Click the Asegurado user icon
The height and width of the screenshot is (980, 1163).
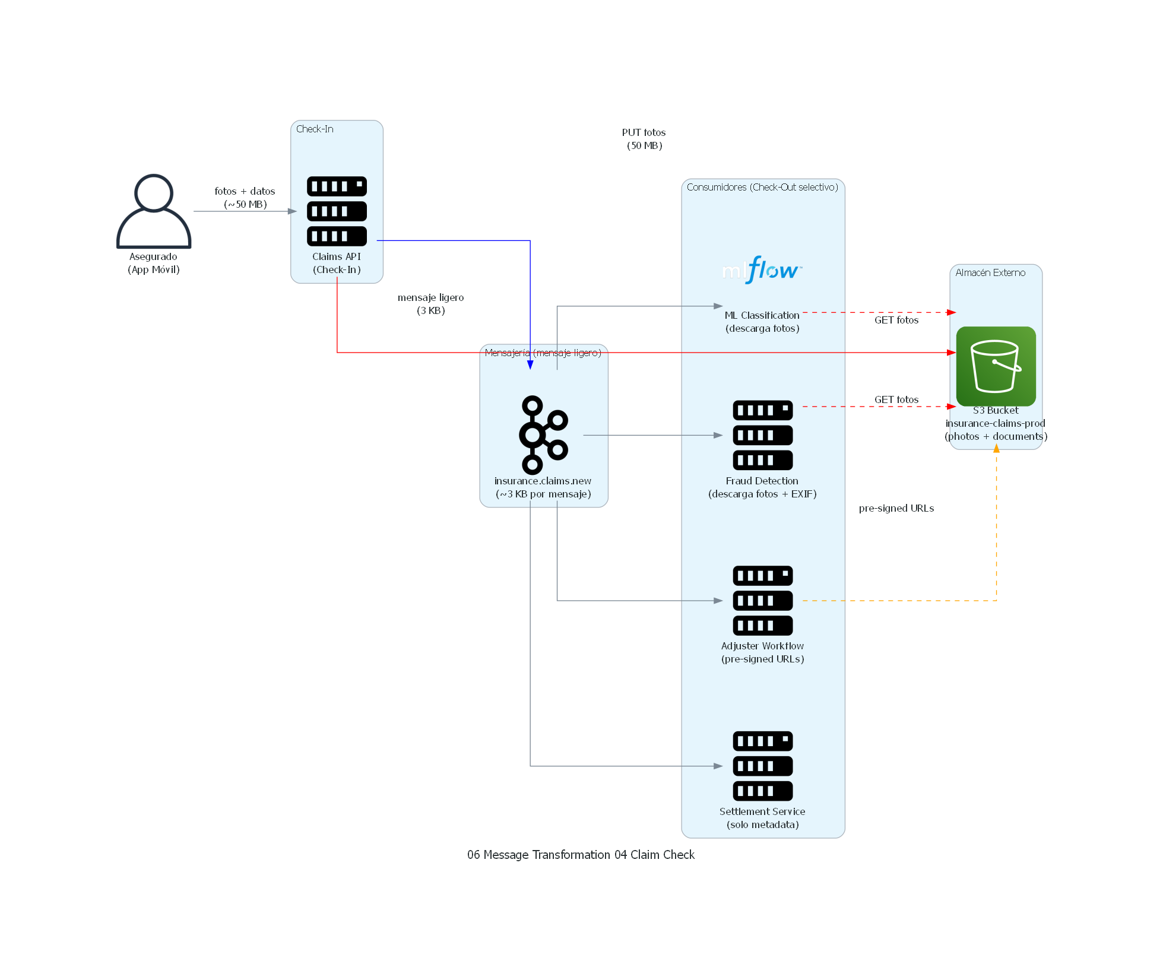click(x=154, y=211)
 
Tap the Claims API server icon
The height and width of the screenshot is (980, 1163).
click(x=337, y=211)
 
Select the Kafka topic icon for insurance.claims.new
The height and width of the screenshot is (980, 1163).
click(x=543, y=435)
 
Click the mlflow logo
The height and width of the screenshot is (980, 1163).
click(x=762, y=270)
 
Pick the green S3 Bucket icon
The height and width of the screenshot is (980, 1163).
click(x=996, y=366)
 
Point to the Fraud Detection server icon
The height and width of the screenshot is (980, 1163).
click(x=762, y=435)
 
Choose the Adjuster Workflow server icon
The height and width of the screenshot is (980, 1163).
click(x=762, y=600)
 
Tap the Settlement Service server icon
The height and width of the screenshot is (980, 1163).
click(x=762, y=766)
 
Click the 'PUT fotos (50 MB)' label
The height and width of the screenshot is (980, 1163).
click(x=644, y=139)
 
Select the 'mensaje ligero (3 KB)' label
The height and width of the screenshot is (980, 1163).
click(x=430, y=304)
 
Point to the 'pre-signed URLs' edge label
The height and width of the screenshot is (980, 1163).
click(x=896, y=508)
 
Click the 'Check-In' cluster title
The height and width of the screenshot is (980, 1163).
click(x=315, y=129)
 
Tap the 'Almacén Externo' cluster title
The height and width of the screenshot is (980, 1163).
click(x=990, y=272)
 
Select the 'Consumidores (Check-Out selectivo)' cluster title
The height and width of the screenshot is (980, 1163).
click(x=762, y=187)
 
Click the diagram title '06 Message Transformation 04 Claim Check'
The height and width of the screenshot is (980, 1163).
click(x=581, y=855)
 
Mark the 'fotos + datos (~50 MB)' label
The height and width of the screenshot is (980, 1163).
click(x=245, y=198)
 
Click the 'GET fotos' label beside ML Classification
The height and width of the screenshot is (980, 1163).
click(x=896, y=320)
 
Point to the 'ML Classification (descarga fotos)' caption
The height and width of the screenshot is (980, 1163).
click(x=762, y=322)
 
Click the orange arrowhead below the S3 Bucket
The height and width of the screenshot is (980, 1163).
click(x=996, y=449)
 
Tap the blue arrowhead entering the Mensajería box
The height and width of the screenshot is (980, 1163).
click(x=530, y=364)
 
